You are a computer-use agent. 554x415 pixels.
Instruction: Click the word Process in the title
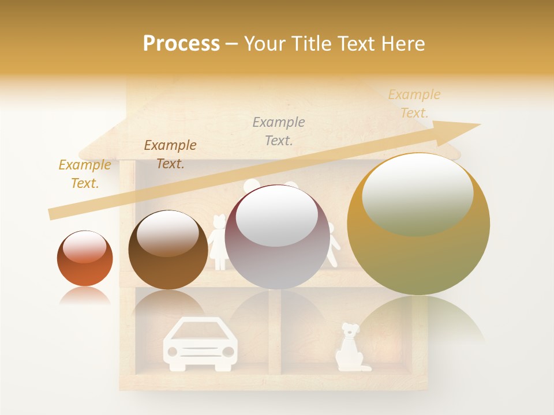click(x=181, y=44)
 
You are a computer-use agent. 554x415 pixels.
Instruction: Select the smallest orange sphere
click(x=85, y=258)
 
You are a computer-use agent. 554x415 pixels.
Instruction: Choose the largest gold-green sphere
click(x=418, y=225)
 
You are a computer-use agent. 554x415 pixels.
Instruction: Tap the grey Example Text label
click(x=279, y=131)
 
